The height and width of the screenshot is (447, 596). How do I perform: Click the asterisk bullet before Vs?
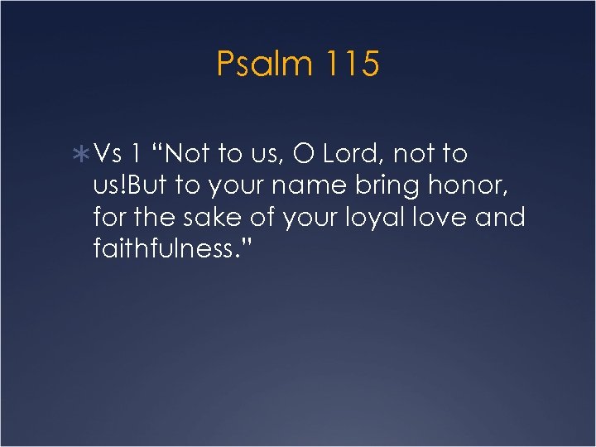pyautogui.click(x=82, y=155)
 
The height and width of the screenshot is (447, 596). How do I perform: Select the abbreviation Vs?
pyautogui.click(x=108, y=154)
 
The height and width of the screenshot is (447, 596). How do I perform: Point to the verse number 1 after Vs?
pyautogui.click(x=135, y=154)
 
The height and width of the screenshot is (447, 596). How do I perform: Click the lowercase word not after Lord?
pyautogui.click(x=418, y=154)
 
